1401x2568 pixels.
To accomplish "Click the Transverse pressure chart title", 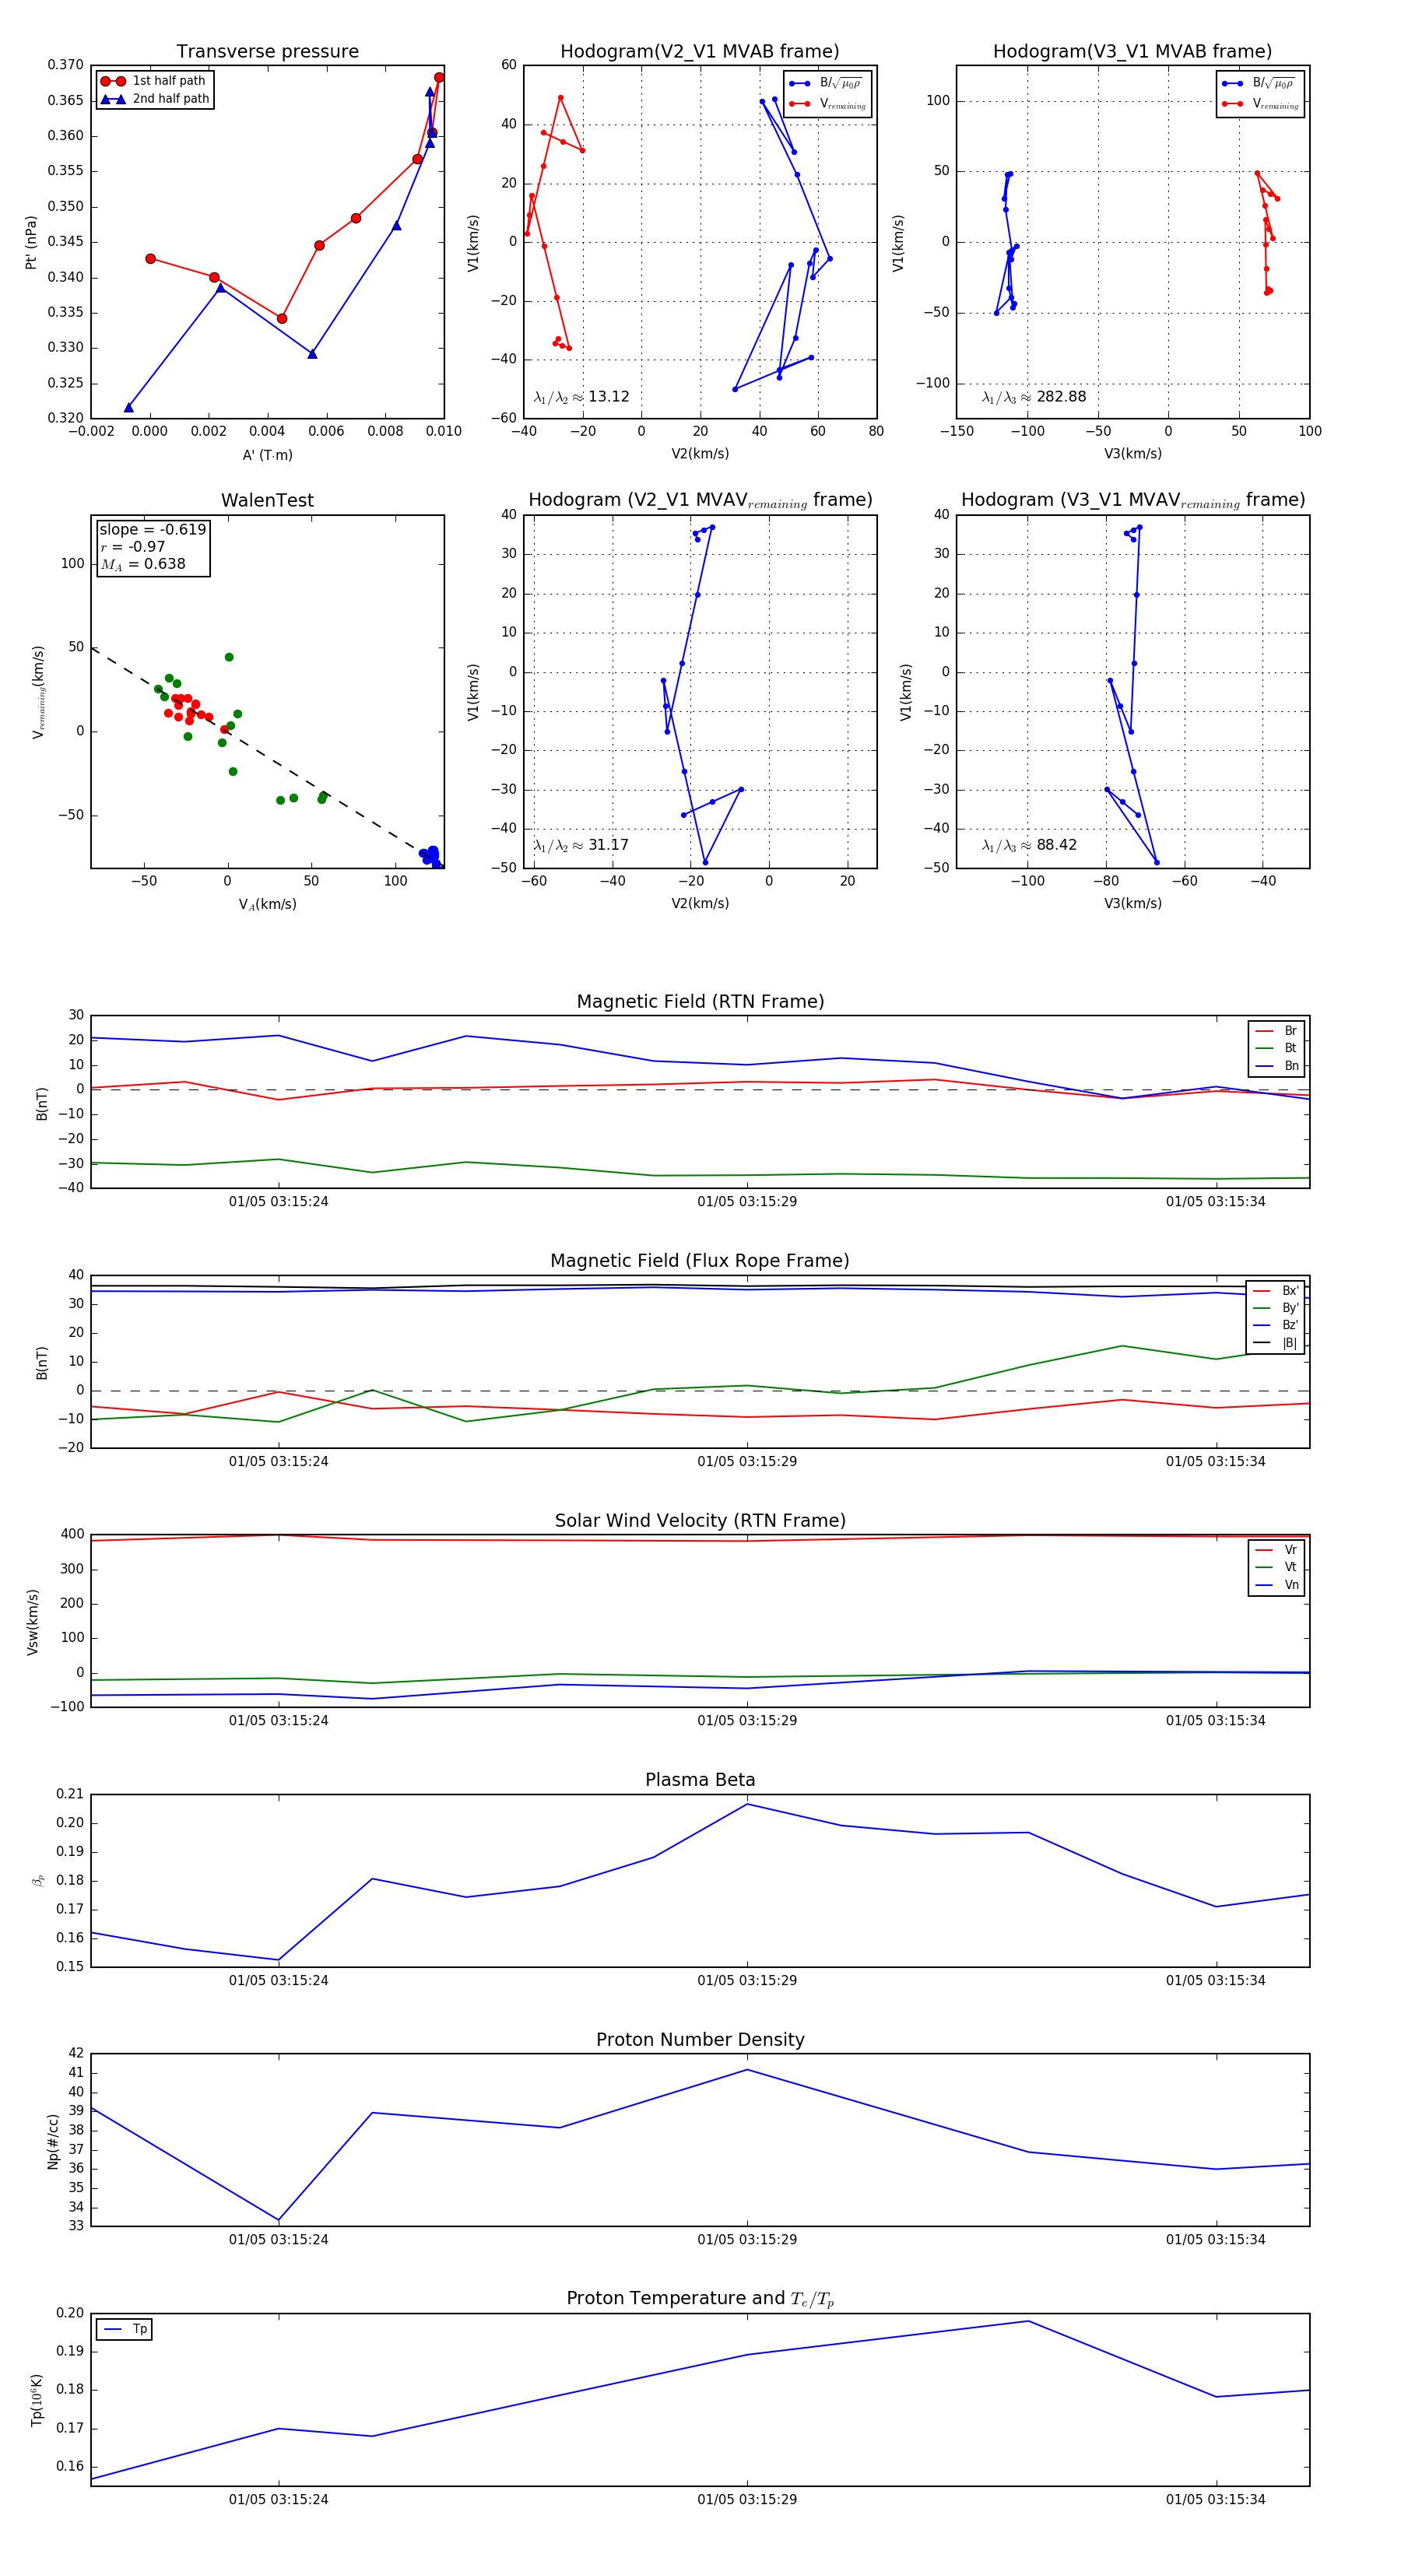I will [x=267, y=52].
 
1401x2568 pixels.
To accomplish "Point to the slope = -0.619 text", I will [x=153, y=529].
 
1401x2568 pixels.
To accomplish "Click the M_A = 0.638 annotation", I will [x=142, y=564].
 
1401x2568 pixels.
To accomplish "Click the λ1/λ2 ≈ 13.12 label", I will [x=581, y=397].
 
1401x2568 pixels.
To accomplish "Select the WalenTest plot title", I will [x=267, y=500].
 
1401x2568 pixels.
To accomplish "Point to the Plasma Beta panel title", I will [x=700, y=1780].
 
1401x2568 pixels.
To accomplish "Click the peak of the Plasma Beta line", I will [x=747, y=1803].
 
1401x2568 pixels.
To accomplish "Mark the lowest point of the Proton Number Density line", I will [x=278, y=2220].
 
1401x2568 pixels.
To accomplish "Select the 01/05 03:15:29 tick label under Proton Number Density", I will [x=747, y=2240].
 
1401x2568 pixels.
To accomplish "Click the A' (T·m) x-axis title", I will [x=267, y=454].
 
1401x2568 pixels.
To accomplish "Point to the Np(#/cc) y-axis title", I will [x=53, y=2140].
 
